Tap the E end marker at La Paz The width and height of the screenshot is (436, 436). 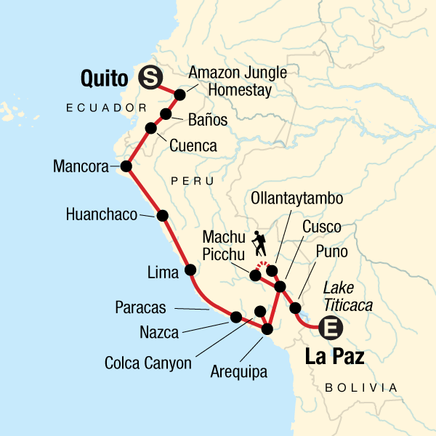331,328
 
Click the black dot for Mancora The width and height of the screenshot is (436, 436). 126,166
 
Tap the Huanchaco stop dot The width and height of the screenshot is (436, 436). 162,215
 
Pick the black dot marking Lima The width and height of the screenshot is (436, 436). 191,270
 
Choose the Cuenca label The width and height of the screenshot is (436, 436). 193,146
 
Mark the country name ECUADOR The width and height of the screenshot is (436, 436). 101,108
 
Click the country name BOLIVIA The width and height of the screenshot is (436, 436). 362,387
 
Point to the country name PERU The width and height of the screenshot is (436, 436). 193,179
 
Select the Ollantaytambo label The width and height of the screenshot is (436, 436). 296,198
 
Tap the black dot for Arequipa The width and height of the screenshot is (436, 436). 267,329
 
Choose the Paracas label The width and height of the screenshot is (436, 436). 140,308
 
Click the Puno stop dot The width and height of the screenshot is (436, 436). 296,308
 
